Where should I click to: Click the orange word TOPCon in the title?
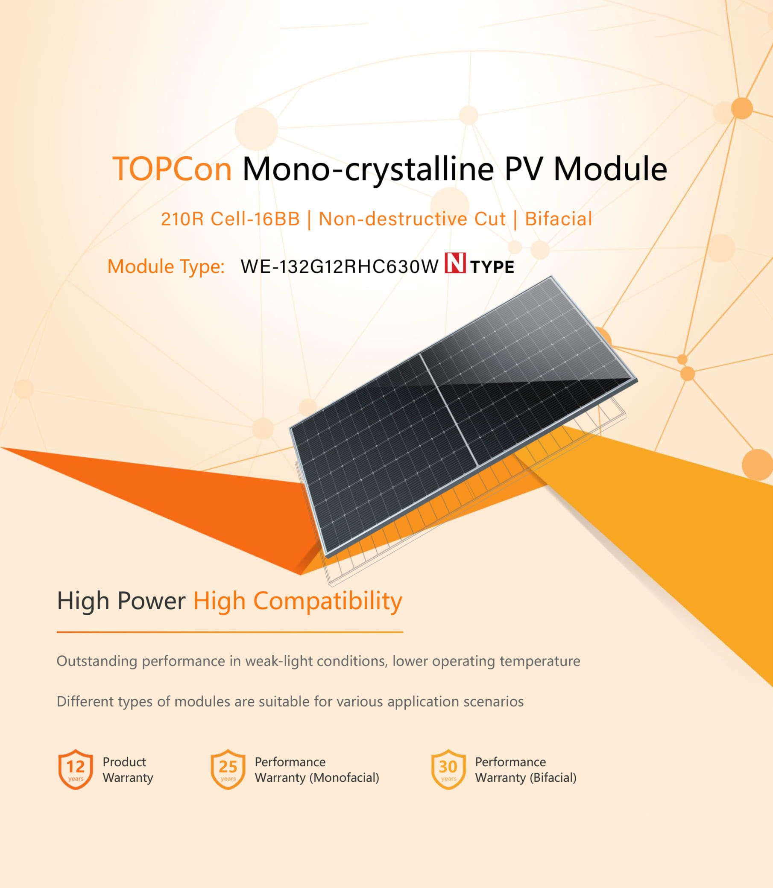(x=172, y=169)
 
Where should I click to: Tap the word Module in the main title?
(x=610, y=169)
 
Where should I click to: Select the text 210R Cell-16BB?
(x=230, y=219)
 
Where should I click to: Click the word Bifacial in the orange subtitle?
(x=559, y=219)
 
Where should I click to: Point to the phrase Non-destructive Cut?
(x=412, y=219)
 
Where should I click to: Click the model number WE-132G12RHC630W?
(x=340, y=266)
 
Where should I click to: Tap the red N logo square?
(x=455, y=263)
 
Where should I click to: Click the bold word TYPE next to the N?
(x=492, y=267)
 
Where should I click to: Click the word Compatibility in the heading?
(x=328, y=601)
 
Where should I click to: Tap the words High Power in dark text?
(x=121, y=601)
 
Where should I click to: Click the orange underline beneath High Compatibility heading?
(x=230, y=632)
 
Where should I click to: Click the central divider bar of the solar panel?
(x=448, y=410)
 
